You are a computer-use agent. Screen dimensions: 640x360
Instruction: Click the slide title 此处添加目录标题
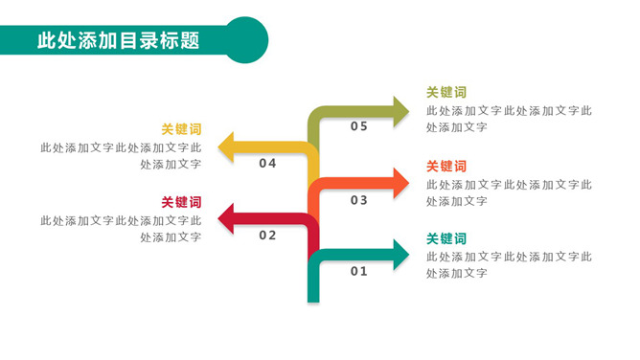[x=118, y=41]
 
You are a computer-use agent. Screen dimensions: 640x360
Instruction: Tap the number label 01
[x=358, y=271]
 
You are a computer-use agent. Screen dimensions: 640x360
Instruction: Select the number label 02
[x=267, y=236]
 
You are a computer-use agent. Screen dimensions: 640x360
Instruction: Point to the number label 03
[x=358, y=200]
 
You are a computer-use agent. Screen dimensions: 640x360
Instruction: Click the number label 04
[x=267, y=164]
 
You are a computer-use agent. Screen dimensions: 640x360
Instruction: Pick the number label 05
[x=358, y=126]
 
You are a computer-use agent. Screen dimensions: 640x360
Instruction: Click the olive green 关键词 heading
[x=446, y=93]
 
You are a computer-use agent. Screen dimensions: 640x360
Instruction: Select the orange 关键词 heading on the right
[x=446, y=166]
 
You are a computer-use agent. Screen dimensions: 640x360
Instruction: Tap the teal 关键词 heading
[x=446, y=238]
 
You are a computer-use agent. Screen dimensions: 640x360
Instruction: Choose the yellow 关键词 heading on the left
[x=181, y=129]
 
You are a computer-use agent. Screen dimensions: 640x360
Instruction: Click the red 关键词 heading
[x=181, y=202]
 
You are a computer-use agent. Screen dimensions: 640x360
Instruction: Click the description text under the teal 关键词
[x=508, y=265]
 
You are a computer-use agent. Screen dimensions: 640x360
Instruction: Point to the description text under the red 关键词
[x=122, y=229]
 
